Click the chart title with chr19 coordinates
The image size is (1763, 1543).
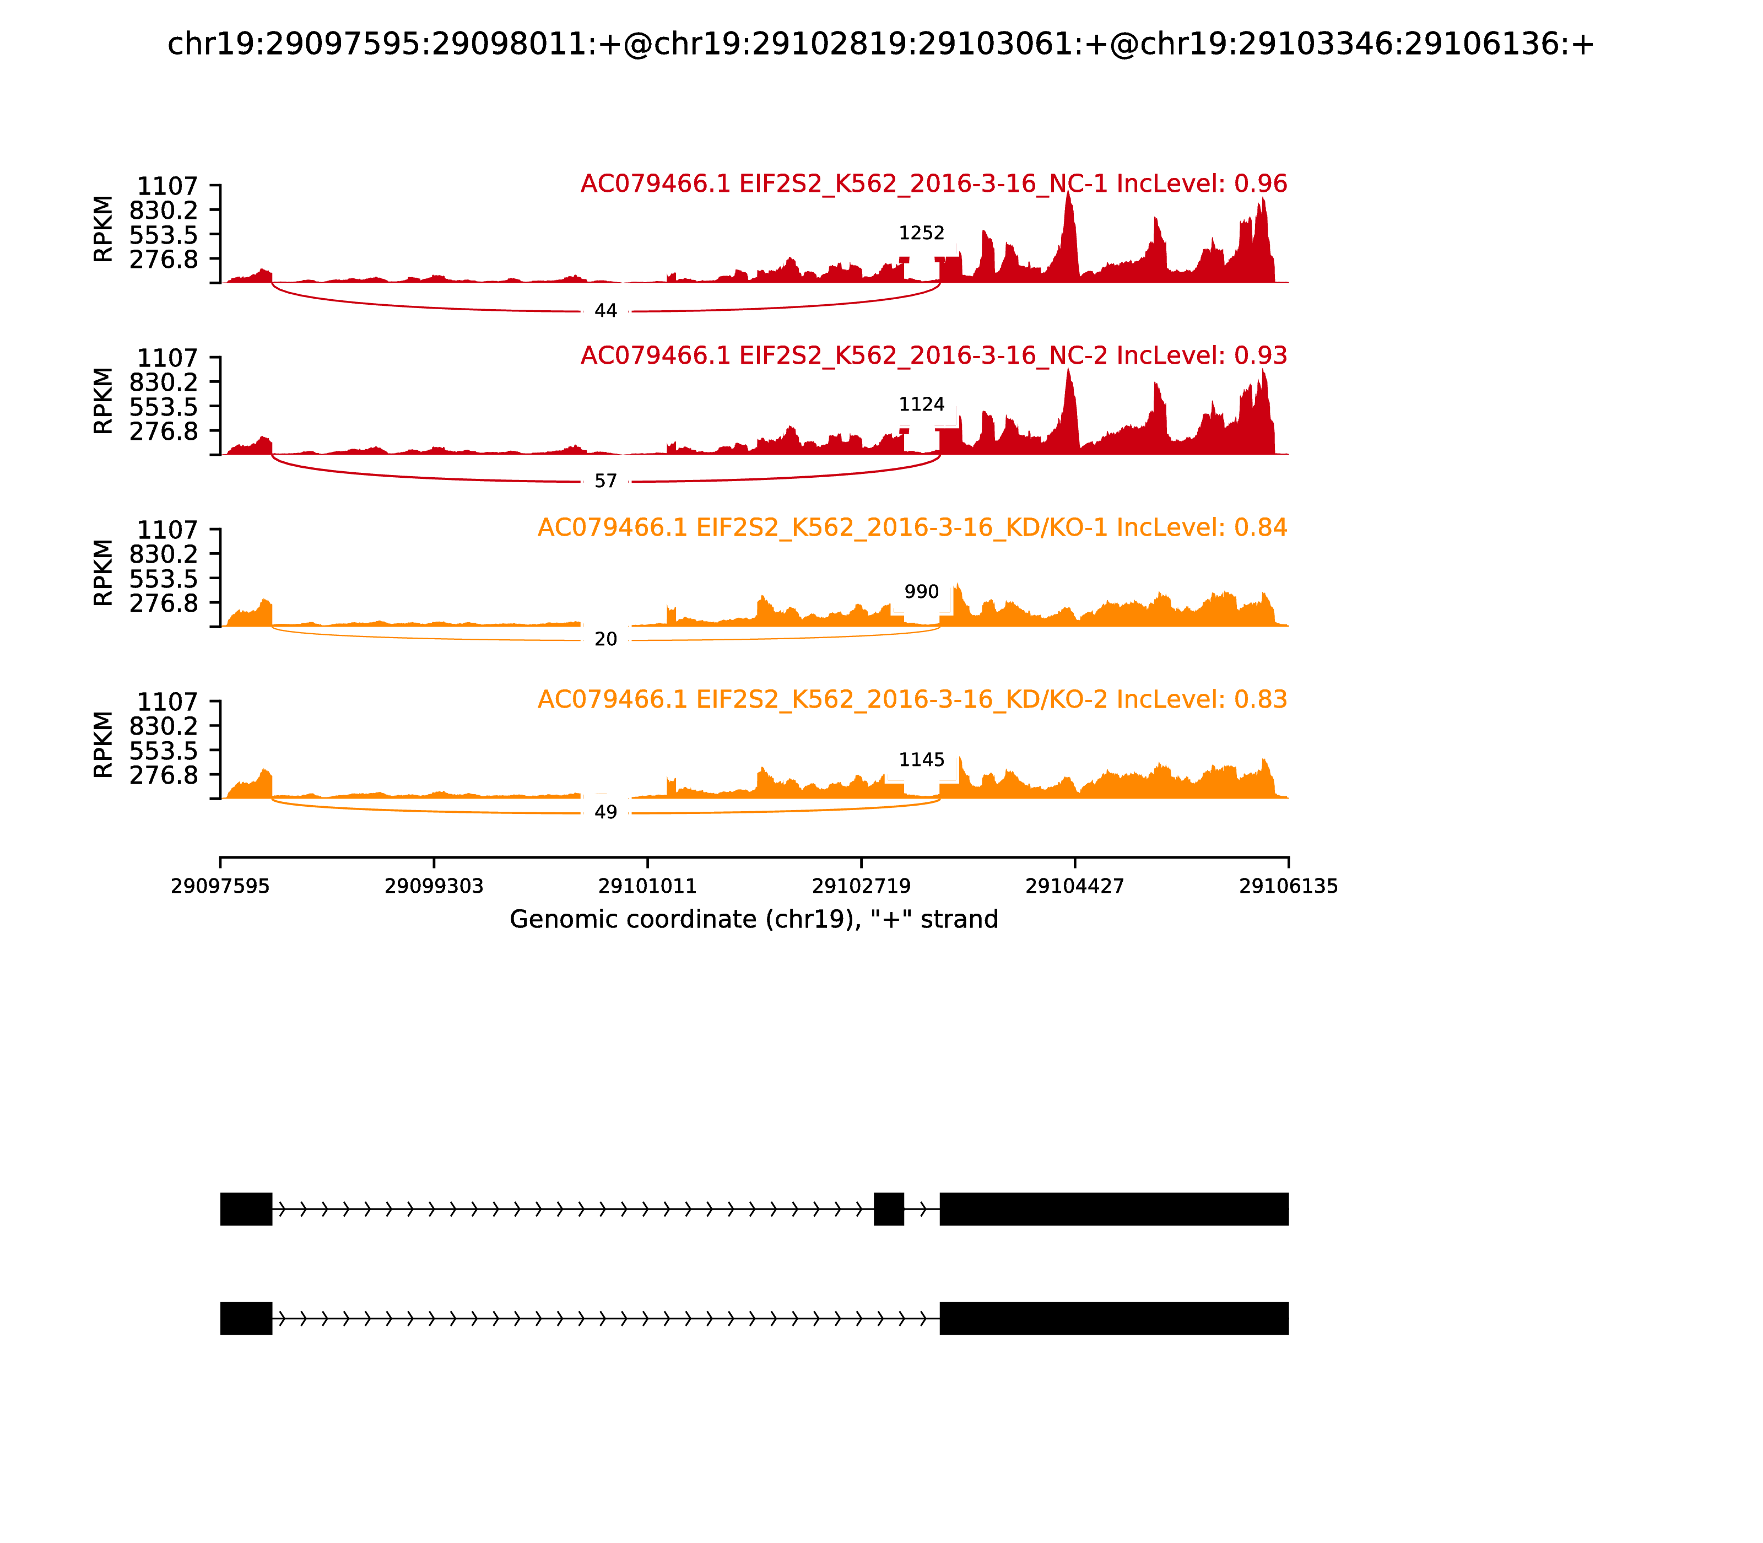coord(880,44)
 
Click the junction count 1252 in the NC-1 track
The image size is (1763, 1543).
coord(921,233)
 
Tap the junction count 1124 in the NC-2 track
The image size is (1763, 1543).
coord(921,404)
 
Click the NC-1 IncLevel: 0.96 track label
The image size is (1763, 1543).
coord(933,184)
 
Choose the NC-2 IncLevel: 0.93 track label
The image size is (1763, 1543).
coord(933,355)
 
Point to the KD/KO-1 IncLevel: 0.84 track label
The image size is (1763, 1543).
coord(912,528)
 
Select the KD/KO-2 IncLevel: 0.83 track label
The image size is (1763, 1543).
coord(912,699)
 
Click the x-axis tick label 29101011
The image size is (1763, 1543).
coord(647,886)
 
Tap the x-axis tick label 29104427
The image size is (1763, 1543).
coord(1074,886)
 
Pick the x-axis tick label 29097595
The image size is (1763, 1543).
coord(220,886)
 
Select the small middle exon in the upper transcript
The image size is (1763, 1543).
coord(888,1209)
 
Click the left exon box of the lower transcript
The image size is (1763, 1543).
coord(246,1318)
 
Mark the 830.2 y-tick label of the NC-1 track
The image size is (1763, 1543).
coord(164,210)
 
